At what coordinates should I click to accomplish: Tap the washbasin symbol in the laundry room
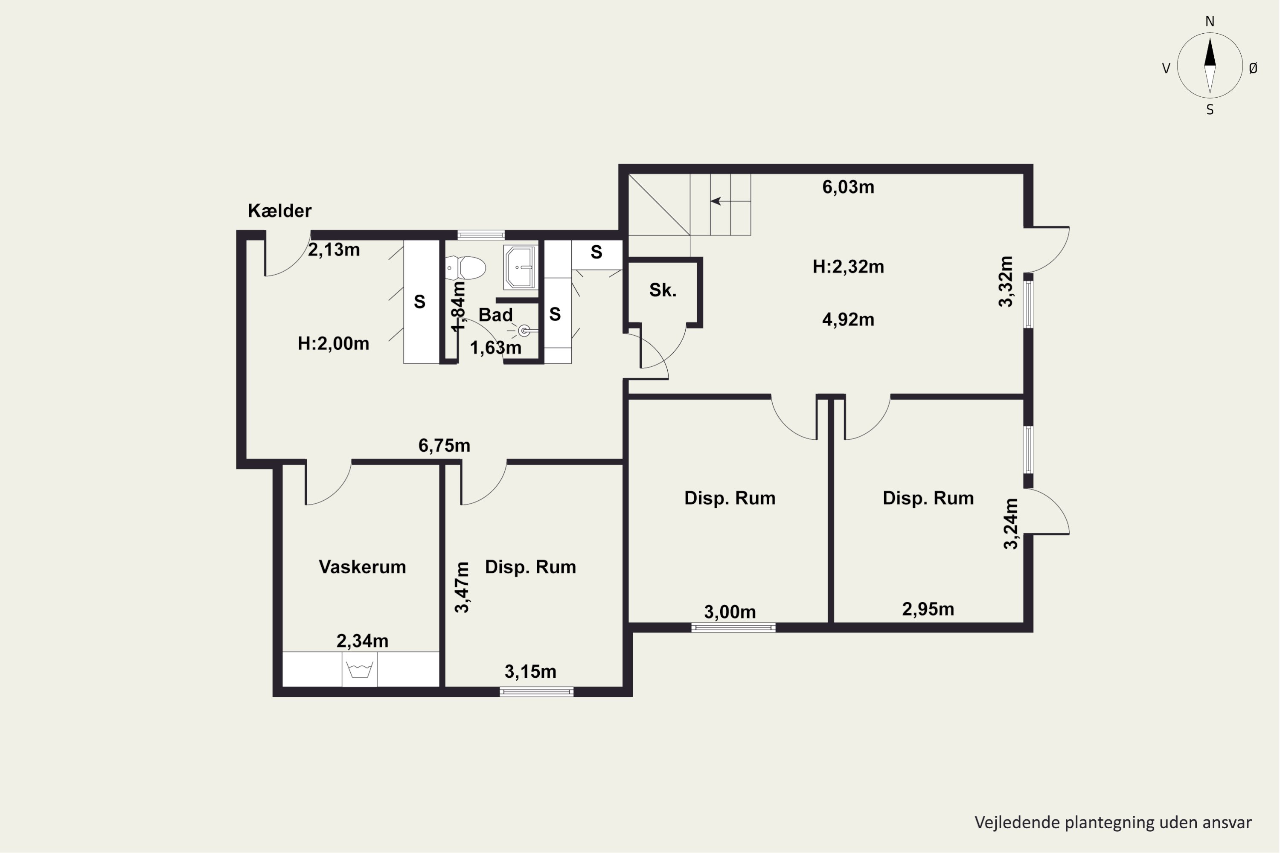pos(360,669)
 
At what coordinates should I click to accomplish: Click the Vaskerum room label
pos(362,567)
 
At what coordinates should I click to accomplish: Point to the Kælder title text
pos(280,211)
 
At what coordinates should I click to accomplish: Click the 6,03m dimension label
pos(848,187)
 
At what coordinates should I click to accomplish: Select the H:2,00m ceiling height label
pos(334,343)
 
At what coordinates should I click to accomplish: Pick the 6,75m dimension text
pos(444,446)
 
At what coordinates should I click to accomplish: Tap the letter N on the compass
pos(1210,21)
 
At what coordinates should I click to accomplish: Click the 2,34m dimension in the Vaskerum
pos(362,641)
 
